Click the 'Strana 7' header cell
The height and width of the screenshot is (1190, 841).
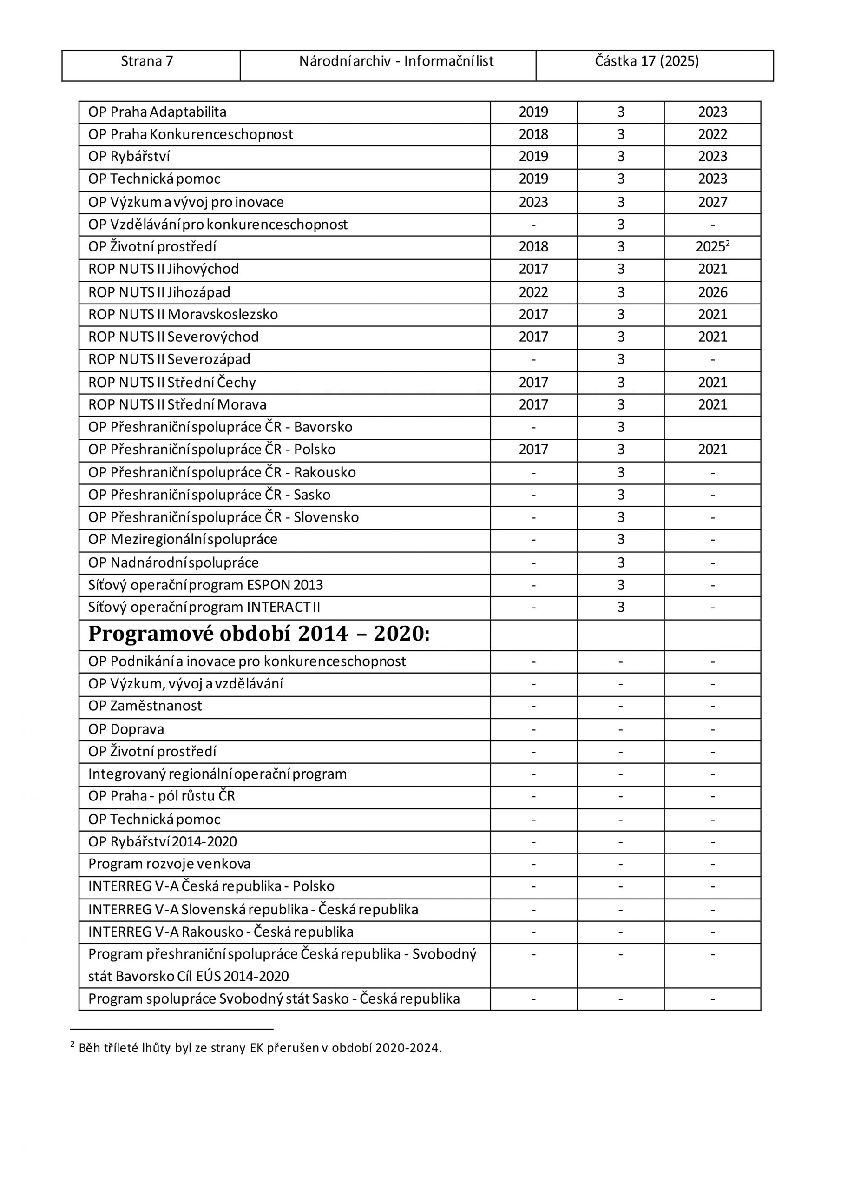147,62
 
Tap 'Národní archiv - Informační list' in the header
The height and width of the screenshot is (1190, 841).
396,62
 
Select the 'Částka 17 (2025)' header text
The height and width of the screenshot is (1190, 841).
646,62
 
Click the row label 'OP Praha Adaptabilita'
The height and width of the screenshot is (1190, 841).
157,112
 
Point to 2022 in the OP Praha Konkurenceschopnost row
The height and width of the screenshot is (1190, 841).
712,135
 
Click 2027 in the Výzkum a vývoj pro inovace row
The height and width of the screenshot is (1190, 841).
712,202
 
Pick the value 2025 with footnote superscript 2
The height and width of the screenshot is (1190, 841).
712,247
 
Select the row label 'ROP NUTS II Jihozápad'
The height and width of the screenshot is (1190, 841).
159,292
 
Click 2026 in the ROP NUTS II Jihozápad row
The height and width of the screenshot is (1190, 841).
712,292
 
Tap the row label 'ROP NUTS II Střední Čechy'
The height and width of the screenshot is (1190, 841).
172,383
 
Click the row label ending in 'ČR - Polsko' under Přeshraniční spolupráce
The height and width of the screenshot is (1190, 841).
211,450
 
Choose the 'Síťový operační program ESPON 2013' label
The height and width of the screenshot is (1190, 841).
205,585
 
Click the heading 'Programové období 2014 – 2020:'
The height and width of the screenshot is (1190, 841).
258,634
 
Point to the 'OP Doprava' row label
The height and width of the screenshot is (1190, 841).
126,729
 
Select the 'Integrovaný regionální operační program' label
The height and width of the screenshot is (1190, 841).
217,774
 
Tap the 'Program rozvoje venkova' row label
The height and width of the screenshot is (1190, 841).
169,864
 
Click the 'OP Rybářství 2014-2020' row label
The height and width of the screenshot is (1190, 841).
162,842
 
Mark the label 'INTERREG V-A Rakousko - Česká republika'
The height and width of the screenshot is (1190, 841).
220,932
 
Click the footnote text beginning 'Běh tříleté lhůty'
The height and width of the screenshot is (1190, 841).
260,1048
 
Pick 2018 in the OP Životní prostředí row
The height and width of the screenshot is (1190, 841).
533,247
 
